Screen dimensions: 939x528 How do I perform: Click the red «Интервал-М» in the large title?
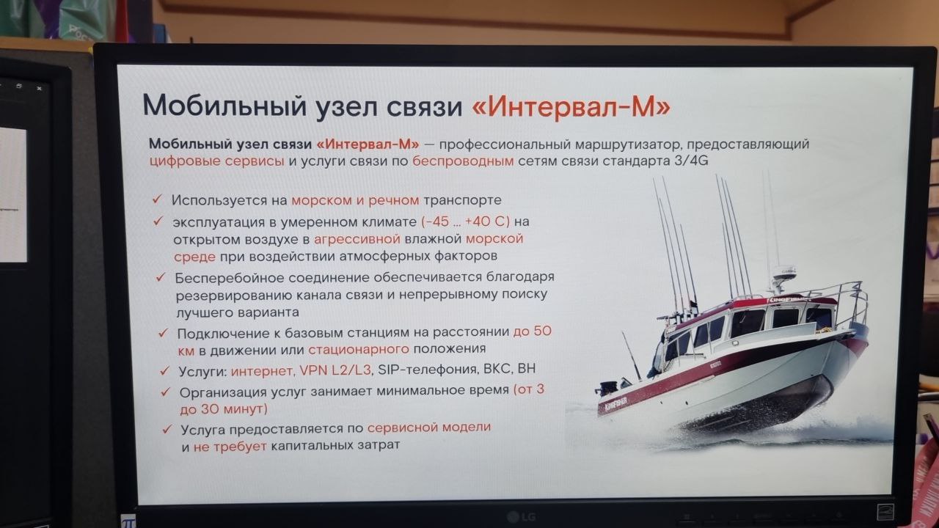[x=571, y=106]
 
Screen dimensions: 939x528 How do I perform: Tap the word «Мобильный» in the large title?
[x=224, y=106]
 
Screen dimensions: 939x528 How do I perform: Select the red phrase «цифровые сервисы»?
[x=216, y=161]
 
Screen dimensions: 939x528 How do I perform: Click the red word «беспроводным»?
[x=463, y=161]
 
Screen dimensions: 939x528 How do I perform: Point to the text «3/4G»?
[x=691, y=161]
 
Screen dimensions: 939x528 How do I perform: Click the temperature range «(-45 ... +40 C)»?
[x=465, y=221]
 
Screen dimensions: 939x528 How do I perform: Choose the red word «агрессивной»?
[x=357, y=239]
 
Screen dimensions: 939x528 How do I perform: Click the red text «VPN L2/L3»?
[x=335, y=370]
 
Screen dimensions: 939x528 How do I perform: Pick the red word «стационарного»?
[x=359, y=348]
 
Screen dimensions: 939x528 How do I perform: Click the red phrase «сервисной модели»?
[x=429, y=428]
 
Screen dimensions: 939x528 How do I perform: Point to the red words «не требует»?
[x=230, y=447]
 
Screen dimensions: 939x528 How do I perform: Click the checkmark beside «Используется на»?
[x=157, y=199]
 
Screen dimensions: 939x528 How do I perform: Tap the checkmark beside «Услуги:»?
[x=164, y=370]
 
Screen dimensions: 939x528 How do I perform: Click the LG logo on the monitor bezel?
[x=522, y=518]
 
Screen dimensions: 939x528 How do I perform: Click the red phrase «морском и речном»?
[x=355, y=200]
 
